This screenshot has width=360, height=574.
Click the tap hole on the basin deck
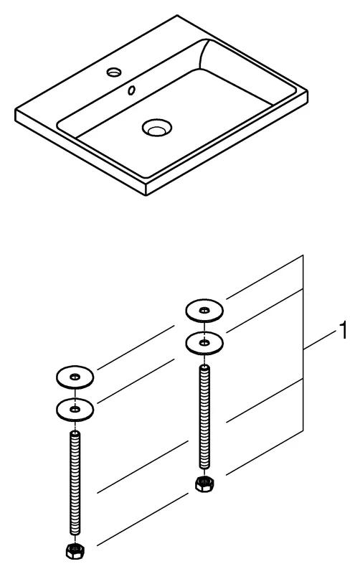pos(114,72)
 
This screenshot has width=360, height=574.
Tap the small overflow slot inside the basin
pos(133,90)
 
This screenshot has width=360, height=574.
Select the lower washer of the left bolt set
pos(75,409)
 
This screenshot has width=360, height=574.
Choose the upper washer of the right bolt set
pos(204,311)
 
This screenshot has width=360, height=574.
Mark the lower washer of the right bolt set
pos(204,344)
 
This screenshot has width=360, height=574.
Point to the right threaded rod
pos(204,416)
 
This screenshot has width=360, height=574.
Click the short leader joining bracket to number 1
pos(319,340)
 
